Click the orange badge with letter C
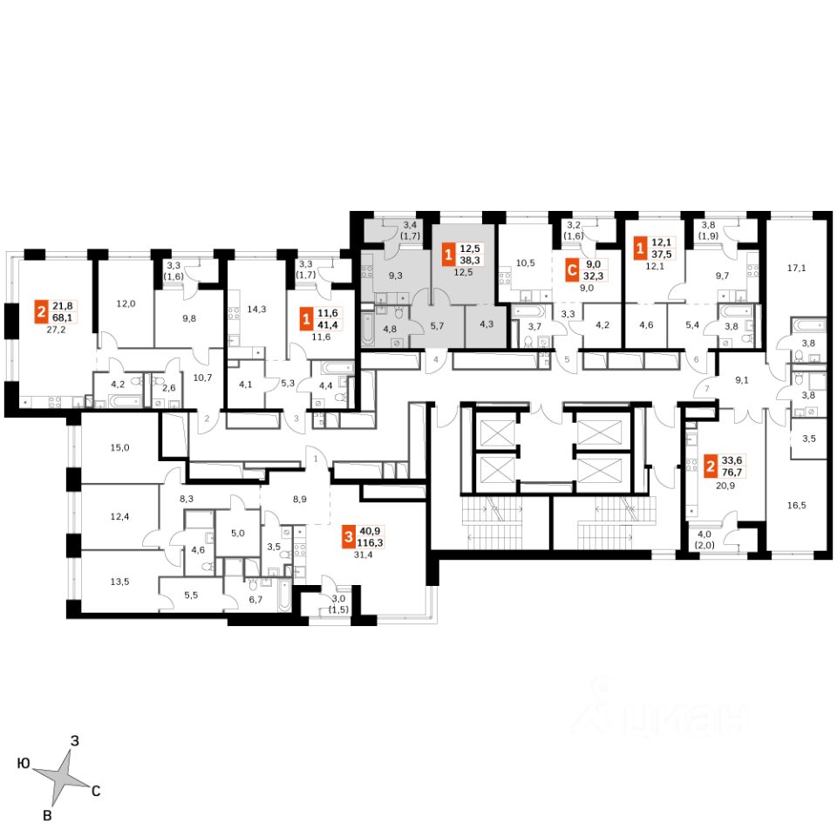(573, 270)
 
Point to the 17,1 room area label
(796, 269)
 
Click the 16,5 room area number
(796, 504)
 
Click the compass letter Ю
(24, 764)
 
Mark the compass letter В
(50, 815)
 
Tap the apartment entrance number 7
(708, 390)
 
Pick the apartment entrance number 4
(435, 359)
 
